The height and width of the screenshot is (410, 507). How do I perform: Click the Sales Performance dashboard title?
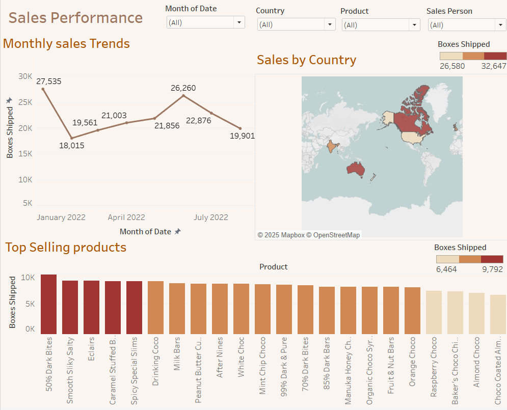coord(75,18)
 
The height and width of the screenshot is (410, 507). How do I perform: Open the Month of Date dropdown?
coord(205,22)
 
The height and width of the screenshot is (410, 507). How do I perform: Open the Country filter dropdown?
coord(296,24)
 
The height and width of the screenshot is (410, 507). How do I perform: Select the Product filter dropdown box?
coord(381,25)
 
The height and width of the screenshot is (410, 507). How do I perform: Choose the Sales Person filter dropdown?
coord(467,25)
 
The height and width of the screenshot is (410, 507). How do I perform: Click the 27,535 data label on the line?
coord(49,81)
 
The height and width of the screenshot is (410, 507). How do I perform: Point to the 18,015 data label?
coord(71,146)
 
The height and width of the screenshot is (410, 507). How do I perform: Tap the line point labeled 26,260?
coord(183,95)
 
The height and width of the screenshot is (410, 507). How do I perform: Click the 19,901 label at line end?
coord(242,136)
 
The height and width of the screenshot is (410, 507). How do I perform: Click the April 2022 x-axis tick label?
coord(126,217)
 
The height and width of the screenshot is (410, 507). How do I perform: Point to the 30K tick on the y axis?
coord(25,76)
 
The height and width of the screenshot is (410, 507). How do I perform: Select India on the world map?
coord(332,147)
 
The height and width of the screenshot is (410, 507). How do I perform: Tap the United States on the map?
coord(413,137)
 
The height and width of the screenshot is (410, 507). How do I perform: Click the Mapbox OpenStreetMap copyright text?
coord(308,235)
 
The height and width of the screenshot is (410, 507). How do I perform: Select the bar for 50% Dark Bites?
coord(49,304)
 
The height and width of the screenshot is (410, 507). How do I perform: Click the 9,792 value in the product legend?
coord(493,269)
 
